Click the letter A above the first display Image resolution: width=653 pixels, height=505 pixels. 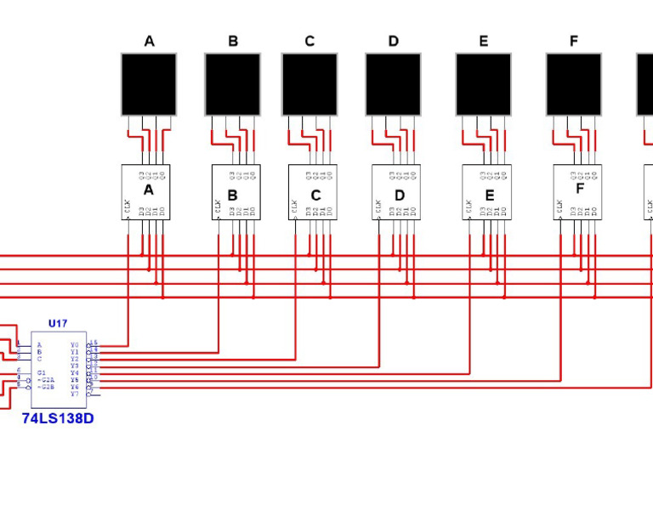coord(149,41)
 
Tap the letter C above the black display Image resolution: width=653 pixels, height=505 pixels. coord(309,41)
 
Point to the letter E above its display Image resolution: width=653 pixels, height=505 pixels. coord(484,41)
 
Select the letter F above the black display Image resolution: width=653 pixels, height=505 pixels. coord(573,41)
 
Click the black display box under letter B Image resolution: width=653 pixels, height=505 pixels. coord(232,84)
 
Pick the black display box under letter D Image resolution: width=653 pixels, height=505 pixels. coord(393,84)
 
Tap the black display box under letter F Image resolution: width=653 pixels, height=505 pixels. coord(573,84)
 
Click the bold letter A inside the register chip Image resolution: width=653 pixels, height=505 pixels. coord(148,190)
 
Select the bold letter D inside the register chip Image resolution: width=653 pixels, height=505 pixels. coord(399,196)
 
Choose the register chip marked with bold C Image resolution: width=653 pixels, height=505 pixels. coord(313,192)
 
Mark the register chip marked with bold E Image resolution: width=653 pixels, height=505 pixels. coord(486,192)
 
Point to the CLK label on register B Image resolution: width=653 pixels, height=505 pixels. coord(218,206)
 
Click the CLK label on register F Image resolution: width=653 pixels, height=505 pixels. coord(559,206)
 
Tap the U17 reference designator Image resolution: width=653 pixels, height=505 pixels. coord(58,324)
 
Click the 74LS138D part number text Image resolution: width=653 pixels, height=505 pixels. coord(58,418)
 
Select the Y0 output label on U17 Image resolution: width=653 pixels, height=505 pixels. coord(75,345)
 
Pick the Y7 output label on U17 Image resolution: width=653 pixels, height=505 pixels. coord(75,394)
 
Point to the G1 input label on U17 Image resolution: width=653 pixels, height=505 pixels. coord(41,373)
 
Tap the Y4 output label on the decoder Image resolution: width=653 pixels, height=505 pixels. coord(75,373)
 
